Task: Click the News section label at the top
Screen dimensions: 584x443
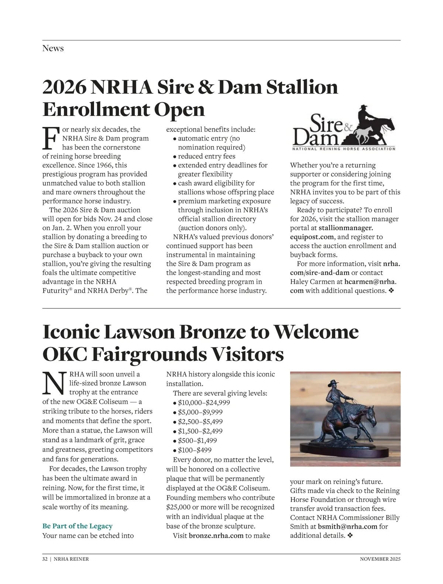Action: point(53,48)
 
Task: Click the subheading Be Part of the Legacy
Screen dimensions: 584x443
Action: point(77,526)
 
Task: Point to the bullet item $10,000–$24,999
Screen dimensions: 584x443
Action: point(204,403)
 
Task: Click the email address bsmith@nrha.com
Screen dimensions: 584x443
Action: point(347,526)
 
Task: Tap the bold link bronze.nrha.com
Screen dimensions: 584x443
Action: point(216,536)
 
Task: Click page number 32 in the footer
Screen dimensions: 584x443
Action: point(45,559)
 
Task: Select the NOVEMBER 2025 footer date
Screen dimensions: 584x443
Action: point(380,559)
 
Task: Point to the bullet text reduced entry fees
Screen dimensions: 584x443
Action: point(206,157)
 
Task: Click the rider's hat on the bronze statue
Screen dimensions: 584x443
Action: point(334,383)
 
